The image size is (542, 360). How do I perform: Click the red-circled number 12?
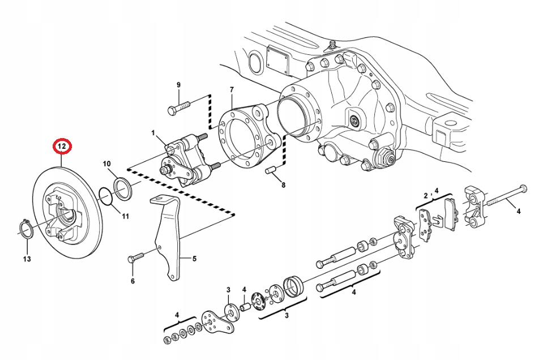click(61, 147)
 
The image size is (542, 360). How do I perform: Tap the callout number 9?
click(178, 85)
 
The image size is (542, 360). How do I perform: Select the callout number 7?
click(231, 90)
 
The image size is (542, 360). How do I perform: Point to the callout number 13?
click(27, 259)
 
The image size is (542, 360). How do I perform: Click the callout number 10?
click(107, 164)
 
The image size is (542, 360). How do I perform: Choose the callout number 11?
click(125, 216)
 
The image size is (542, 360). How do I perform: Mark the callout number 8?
click(283, 185)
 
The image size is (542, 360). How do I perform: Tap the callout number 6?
click(133, 281)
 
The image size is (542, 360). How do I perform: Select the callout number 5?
click(194, 259)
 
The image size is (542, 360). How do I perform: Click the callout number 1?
click(152, 132)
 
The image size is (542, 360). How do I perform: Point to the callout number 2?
click(425, 196)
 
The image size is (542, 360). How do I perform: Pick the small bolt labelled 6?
click(136, 258)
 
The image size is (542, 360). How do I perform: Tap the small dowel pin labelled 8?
click(270, 169)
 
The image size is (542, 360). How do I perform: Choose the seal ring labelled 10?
click(123, 187)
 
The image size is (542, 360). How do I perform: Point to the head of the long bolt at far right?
click(523, 187)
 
